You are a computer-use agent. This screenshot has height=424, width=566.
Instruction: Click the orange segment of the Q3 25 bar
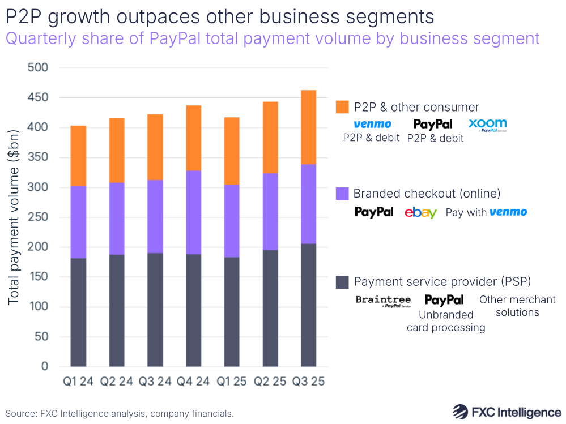[x=308, y=127]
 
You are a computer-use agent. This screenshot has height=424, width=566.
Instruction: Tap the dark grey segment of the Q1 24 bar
[x=78, y=312]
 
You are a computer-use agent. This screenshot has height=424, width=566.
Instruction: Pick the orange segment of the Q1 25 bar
[x=232, y=151]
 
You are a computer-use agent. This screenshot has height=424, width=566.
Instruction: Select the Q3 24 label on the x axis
[x=155, y=382]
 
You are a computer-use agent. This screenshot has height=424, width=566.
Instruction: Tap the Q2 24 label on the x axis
[x=117, y=382]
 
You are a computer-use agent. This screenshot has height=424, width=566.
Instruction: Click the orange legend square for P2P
[x=342, y=107]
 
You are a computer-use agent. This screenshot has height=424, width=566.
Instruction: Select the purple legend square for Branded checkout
[x=342, y=194]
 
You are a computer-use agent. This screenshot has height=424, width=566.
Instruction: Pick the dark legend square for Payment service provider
[x=342, y=282]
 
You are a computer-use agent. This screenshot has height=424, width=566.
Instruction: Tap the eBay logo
[x=421, y=213]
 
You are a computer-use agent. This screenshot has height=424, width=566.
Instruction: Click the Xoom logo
[x=487, y=125]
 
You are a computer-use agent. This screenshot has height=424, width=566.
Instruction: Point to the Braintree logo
[x=383, y=301]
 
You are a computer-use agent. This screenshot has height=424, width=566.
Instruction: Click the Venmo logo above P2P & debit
[x=372, y=124]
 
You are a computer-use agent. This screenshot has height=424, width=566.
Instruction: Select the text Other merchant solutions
[x=517, y=306]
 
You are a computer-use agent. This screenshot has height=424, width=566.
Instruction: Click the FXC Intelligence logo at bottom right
[x=507, y=412]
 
